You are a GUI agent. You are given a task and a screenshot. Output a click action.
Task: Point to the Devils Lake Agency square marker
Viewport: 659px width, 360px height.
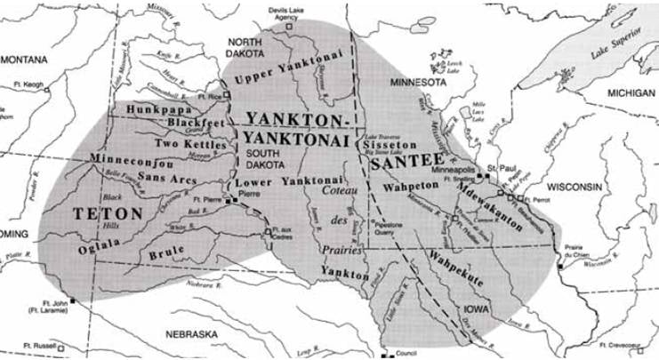(287, 26)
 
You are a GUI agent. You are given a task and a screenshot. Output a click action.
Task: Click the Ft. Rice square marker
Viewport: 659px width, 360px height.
(226, 94)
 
